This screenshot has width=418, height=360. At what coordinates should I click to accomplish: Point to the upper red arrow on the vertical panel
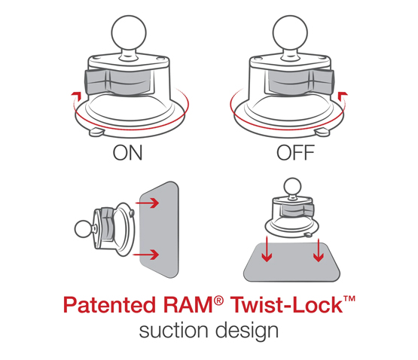click(x=149, y=203)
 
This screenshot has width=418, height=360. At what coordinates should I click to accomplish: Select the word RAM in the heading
click(x=193, y=307)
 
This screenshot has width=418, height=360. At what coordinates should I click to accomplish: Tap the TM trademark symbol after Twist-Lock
click(x=347, y=300)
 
